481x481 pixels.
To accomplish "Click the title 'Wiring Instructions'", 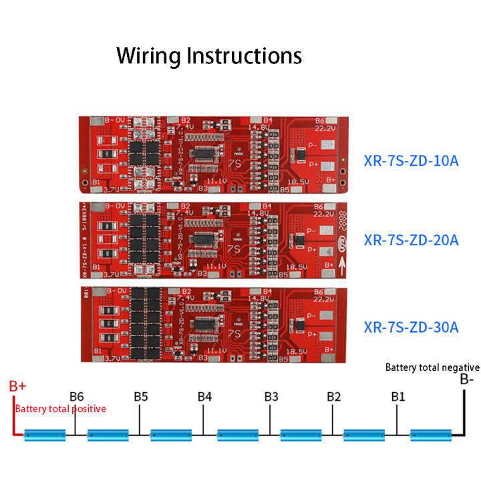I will [209, 55].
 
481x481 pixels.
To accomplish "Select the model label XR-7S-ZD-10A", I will [411, 160].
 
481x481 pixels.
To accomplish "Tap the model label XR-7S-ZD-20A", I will [411, 240].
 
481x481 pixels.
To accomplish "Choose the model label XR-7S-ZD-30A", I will [411, 327].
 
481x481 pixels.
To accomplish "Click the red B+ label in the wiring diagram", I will [17, 387].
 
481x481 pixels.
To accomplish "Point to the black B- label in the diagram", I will [466, 379].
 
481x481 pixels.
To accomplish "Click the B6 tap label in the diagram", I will [77, 396].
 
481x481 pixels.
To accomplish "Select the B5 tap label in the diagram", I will [140, 396].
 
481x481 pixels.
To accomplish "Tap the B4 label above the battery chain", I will [204, 396].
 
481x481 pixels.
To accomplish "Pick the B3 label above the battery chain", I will [271, 396].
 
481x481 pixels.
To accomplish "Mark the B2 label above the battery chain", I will [334, 396].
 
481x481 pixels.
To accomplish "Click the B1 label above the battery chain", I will [397, 396].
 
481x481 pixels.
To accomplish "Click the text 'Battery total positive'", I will [60, 409].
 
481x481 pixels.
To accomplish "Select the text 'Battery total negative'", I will [432, 367].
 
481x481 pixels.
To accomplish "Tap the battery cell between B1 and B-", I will [430, 436].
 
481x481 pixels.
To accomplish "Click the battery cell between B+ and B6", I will [45, 436].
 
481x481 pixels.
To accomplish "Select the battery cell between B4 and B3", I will [237, 436].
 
